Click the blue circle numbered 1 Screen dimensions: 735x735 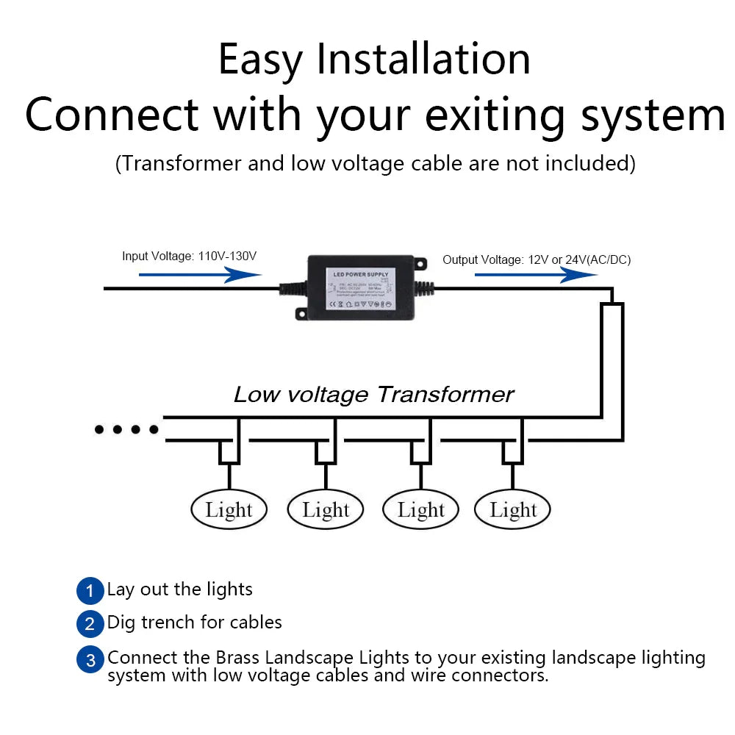pos(90,590)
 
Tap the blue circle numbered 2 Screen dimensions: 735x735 pos(90,624)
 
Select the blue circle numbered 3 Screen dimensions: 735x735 pos(90,659)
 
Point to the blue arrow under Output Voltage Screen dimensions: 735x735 pos(535,275)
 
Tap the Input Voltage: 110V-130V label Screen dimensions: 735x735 pos(189,257)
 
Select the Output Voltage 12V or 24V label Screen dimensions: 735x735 pos(537,259)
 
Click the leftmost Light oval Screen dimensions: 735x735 pos(229,509)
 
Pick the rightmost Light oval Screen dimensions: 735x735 pos(513,509)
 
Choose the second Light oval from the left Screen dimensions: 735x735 pos(326,509)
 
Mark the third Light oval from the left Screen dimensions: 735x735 pos(421,509)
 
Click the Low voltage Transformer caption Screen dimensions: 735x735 pos(373,395)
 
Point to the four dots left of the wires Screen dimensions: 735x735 pos(126,429)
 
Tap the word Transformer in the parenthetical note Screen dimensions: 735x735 pos(181,162)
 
